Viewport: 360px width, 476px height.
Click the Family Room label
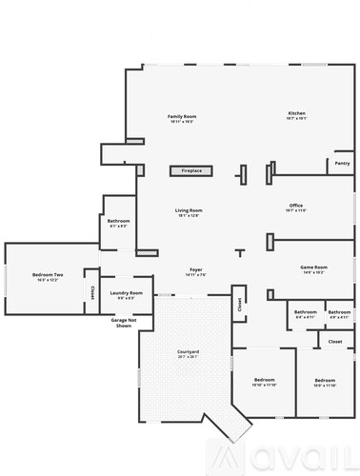181,115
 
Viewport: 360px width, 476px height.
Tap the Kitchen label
297,114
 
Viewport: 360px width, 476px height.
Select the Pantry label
342,164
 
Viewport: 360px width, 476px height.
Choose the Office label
296,206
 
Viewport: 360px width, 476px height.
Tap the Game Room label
313,268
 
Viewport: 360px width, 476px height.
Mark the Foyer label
195,270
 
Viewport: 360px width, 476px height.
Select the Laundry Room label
126,292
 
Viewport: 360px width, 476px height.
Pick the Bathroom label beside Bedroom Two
119,221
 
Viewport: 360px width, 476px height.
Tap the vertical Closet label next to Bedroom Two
92,292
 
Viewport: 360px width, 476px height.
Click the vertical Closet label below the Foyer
239,306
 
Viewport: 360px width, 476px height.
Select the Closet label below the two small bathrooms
335,341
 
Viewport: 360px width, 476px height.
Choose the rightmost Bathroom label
339,312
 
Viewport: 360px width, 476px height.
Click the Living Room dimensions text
188,215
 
